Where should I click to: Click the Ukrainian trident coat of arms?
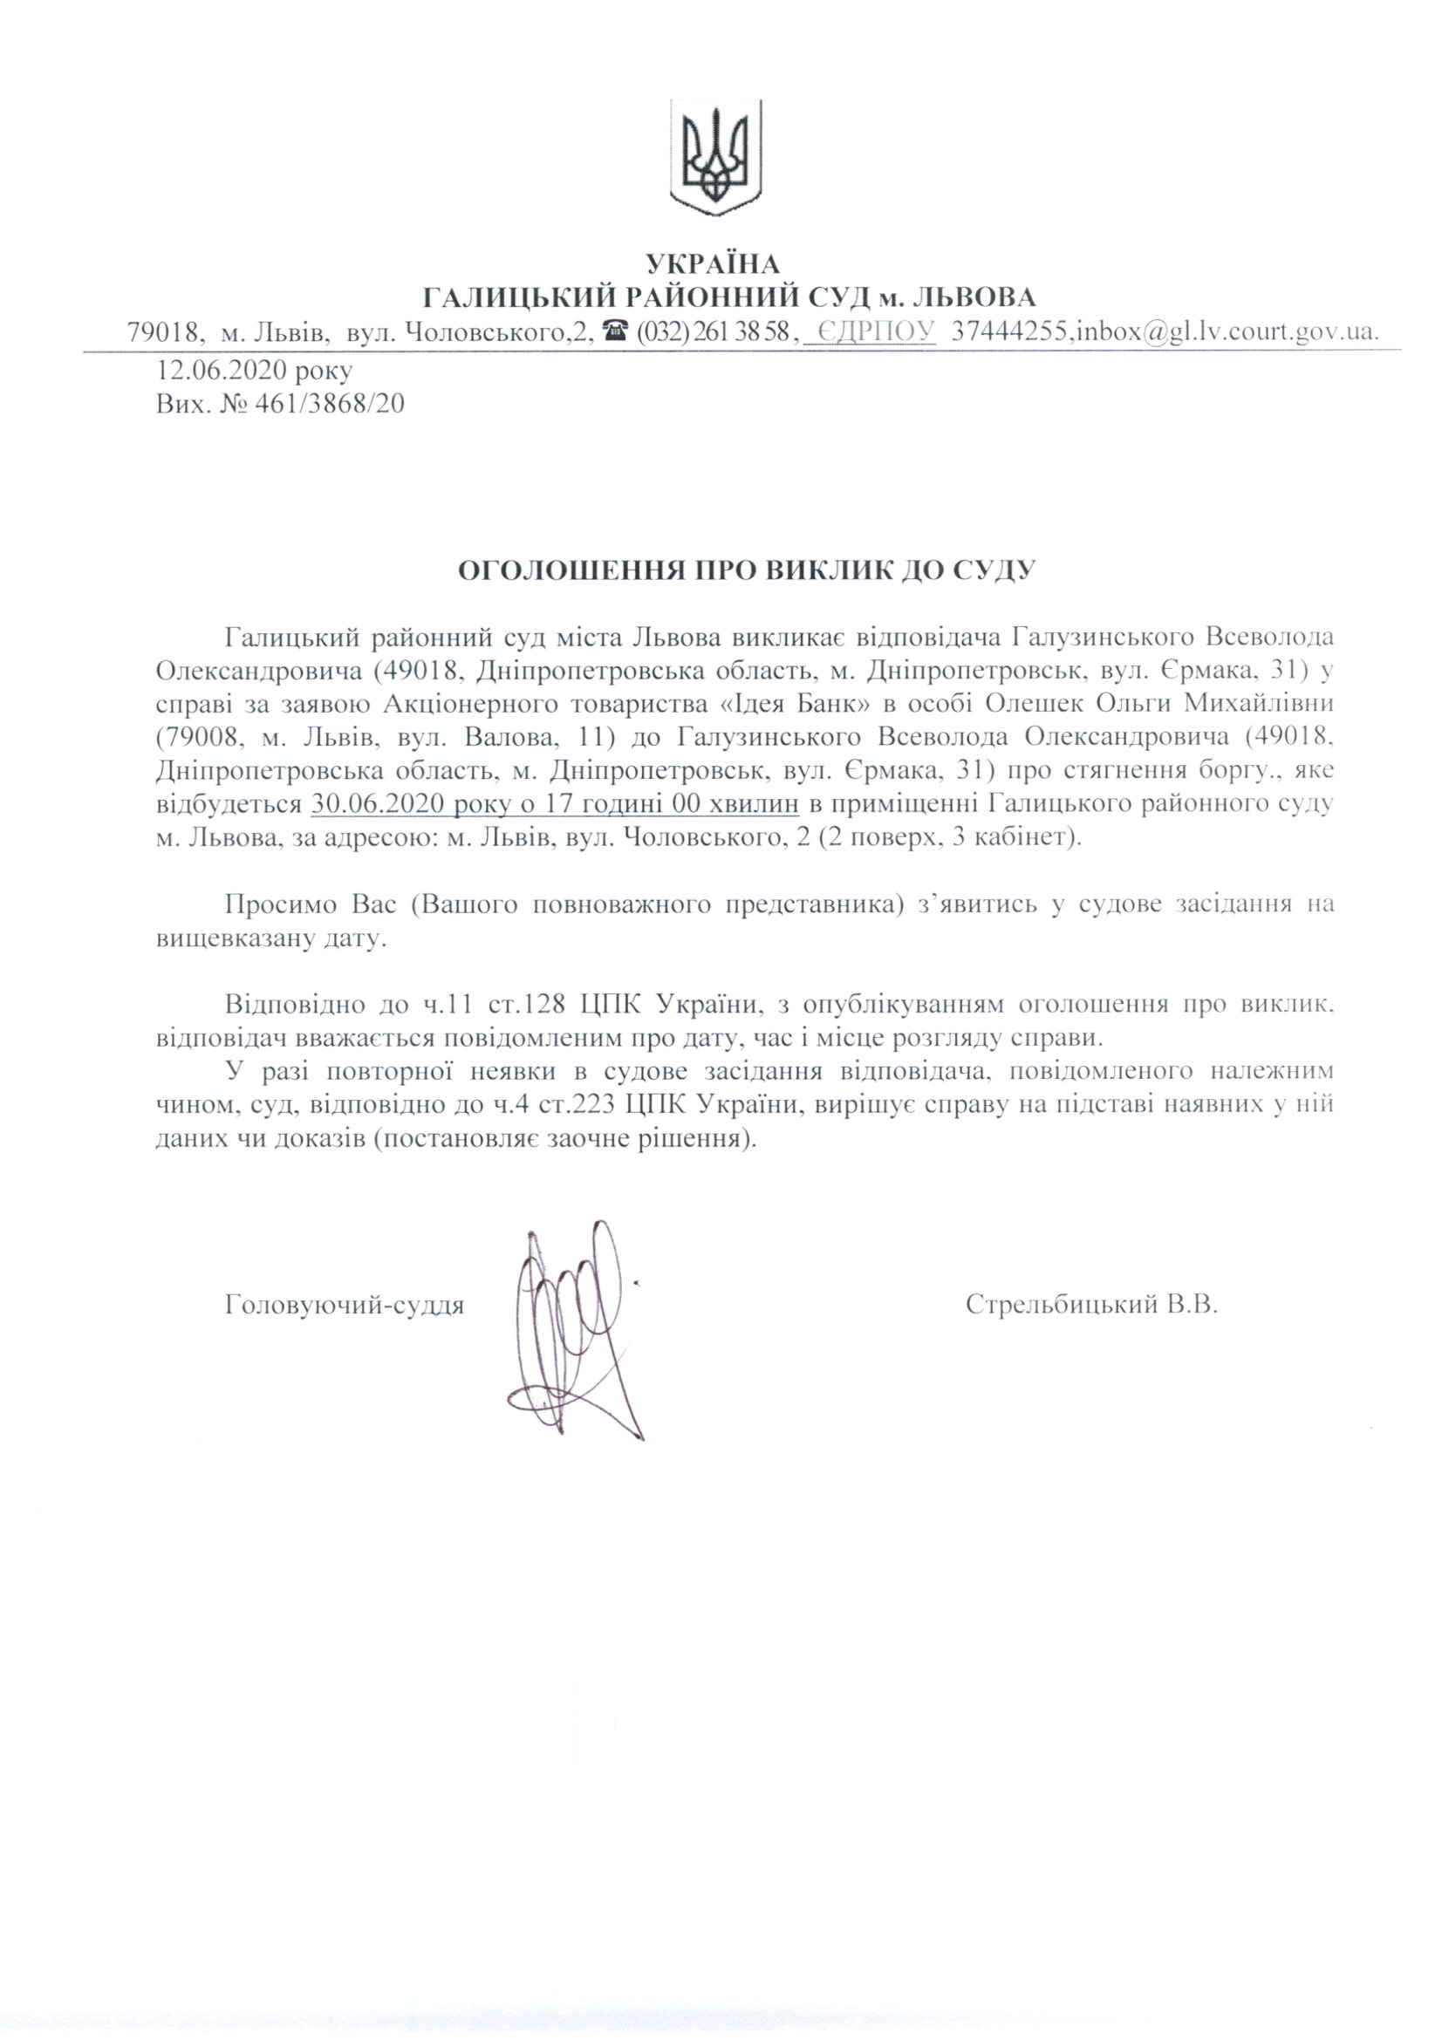(715, 158)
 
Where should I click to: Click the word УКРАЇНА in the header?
(713, 264)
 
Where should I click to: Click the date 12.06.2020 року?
(254, 370)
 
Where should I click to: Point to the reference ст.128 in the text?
(529, 1005)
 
